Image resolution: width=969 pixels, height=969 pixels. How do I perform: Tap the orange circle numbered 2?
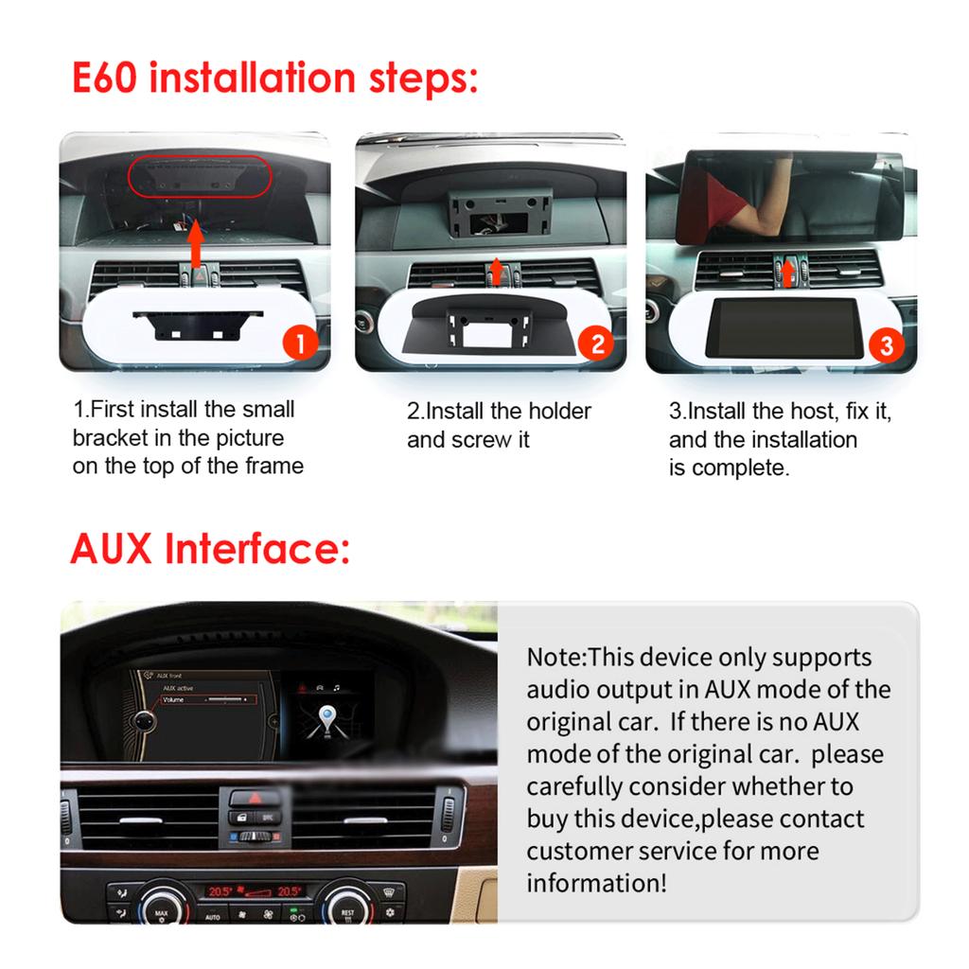click(x=596, y=344)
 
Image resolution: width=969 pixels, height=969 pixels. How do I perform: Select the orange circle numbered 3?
click(x=886, y=344)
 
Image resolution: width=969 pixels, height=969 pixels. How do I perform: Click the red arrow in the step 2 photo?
click(x=496, y=271)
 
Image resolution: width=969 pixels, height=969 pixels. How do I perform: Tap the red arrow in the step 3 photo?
click(x=787, y=273)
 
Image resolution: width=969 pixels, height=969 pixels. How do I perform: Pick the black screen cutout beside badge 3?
click(x=784, y=327)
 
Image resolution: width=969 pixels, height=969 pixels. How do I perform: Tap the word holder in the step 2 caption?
click(x=557, y=411)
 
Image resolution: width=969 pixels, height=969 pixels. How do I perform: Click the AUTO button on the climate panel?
click(x=212, y=915)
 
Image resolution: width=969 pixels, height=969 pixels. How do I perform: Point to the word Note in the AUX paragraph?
click(x=556, y=657)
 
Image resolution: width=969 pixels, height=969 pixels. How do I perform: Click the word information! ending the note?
click(x=596, y=883)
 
